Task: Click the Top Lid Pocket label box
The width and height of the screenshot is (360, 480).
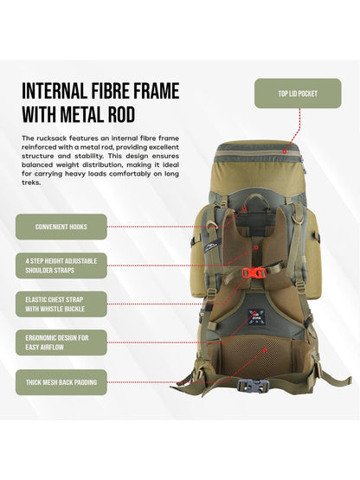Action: click(x=298, y=93)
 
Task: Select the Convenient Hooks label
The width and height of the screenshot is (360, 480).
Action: click(x=61, y=227)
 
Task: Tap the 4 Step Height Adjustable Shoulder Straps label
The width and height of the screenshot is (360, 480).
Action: click(x=61, y=266)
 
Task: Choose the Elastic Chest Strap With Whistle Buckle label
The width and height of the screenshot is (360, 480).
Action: click(x=61, y=304)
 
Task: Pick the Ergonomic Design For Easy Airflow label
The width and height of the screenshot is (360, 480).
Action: click(x=61, y=342)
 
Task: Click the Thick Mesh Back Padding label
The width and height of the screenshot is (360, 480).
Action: click(x=61, y=382)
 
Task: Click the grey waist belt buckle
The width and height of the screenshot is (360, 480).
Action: click(x=252, y=387)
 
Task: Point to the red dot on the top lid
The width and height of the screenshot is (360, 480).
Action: click(x=285, y=151)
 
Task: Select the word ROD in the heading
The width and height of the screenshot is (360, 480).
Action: click(x=121, y=115)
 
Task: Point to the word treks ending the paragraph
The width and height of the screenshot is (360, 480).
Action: click(x=30, y=182)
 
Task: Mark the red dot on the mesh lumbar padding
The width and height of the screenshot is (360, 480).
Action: click(x=266, y=349)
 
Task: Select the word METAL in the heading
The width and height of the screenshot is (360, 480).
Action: click(x=82, y=115)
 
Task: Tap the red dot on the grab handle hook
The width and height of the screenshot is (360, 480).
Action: click(x=245, y=208)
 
